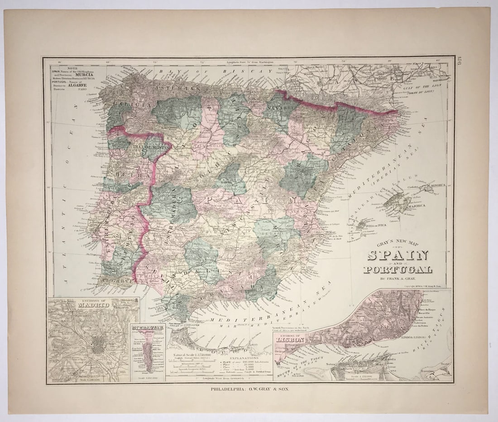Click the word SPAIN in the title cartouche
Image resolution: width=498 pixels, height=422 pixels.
coord(397,255)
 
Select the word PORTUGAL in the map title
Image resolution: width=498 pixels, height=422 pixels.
coord(397,270)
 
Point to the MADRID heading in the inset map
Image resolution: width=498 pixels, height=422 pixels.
coord(93,305)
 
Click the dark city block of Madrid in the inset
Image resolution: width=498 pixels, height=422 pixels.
coord(97,346)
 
